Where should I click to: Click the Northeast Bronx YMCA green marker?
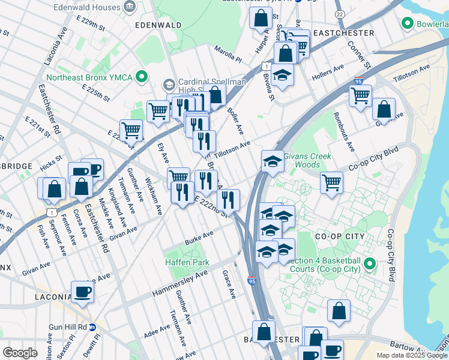click(x=142, y=77)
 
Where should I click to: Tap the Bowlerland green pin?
click(x=408, y=24)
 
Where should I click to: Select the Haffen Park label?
click(x=187, y=262)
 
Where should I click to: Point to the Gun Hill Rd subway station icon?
click(x=92, y=327)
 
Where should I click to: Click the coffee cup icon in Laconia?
click(x=83, y=292)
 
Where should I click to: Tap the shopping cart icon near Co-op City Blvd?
click(x=331, y=182)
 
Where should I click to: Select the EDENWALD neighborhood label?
click(x=158, y=25)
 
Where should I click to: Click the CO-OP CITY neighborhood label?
click(x=340, y=236)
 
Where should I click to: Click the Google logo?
click(x=19, y=353)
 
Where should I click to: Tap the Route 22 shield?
click(x=340, y=14)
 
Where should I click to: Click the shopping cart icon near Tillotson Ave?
click(x=360, y=95)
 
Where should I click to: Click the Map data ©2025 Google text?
click(x=412, y=355)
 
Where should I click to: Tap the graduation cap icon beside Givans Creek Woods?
click(x=272, y=161)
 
